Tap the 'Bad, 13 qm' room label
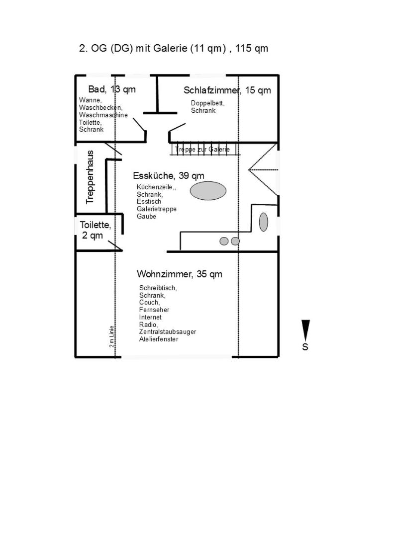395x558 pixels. click(x=112, y=89)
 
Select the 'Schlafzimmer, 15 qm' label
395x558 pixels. click(x=227, y=90)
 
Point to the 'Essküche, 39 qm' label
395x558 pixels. click(x=169, y=175)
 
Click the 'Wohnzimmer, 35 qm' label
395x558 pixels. click(x=180, y=274)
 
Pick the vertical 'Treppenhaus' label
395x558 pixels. click(x=90, y=177)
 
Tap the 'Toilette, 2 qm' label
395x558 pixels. click(x=95, y=230)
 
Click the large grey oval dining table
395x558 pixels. click(x=208, y=191)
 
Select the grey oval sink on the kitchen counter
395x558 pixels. click(x=263, y=222)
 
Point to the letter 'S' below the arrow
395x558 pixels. click(x=305, y=347)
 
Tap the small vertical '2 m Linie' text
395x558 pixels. click(x=111, y=336)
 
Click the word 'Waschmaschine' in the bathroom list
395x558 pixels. click(x=103, y=115)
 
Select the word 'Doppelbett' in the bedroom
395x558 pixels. click(x=207, y=103)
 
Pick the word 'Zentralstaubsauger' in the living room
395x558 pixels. click(x=168, y=331)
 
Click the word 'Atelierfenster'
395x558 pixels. click(x=159, y=339)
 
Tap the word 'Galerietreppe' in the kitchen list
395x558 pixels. click(x=157, y=209)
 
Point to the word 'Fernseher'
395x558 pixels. click(x=154, y=310)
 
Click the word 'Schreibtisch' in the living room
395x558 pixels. click(x=158, y=288)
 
